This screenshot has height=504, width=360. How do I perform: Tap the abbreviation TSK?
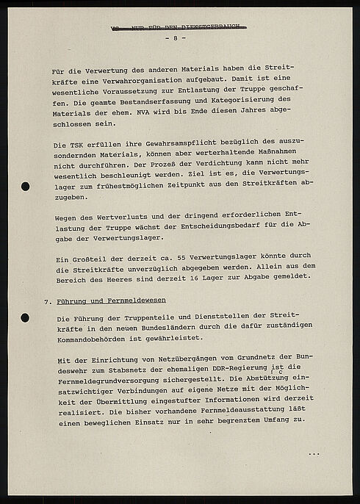(x=86, y=145)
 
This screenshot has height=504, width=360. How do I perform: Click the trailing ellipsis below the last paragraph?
(x=314, y=454)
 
